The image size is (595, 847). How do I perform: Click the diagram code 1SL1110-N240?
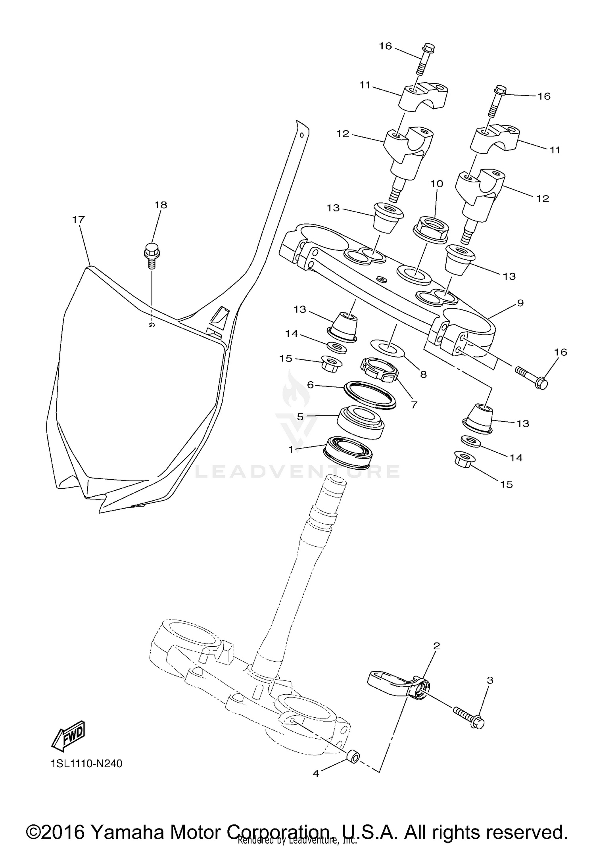point(86,763)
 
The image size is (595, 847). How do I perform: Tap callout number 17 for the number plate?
point(79,219)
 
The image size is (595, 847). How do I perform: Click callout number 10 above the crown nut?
point(437,184)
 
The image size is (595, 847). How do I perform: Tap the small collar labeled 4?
point(352,756)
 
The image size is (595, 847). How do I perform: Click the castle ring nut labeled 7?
point(379,369)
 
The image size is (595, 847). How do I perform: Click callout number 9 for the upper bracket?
point(520,303)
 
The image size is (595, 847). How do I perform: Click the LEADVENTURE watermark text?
point(297,471)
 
